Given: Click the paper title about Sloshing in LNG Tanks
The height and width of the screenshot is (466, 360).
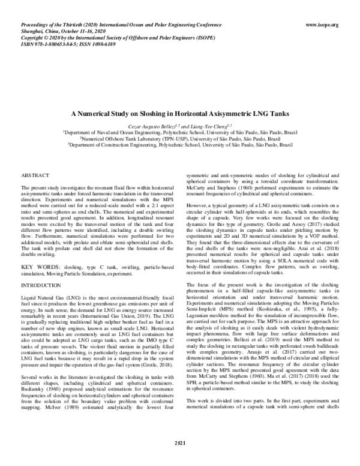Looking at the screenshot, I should click(180, 112).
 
